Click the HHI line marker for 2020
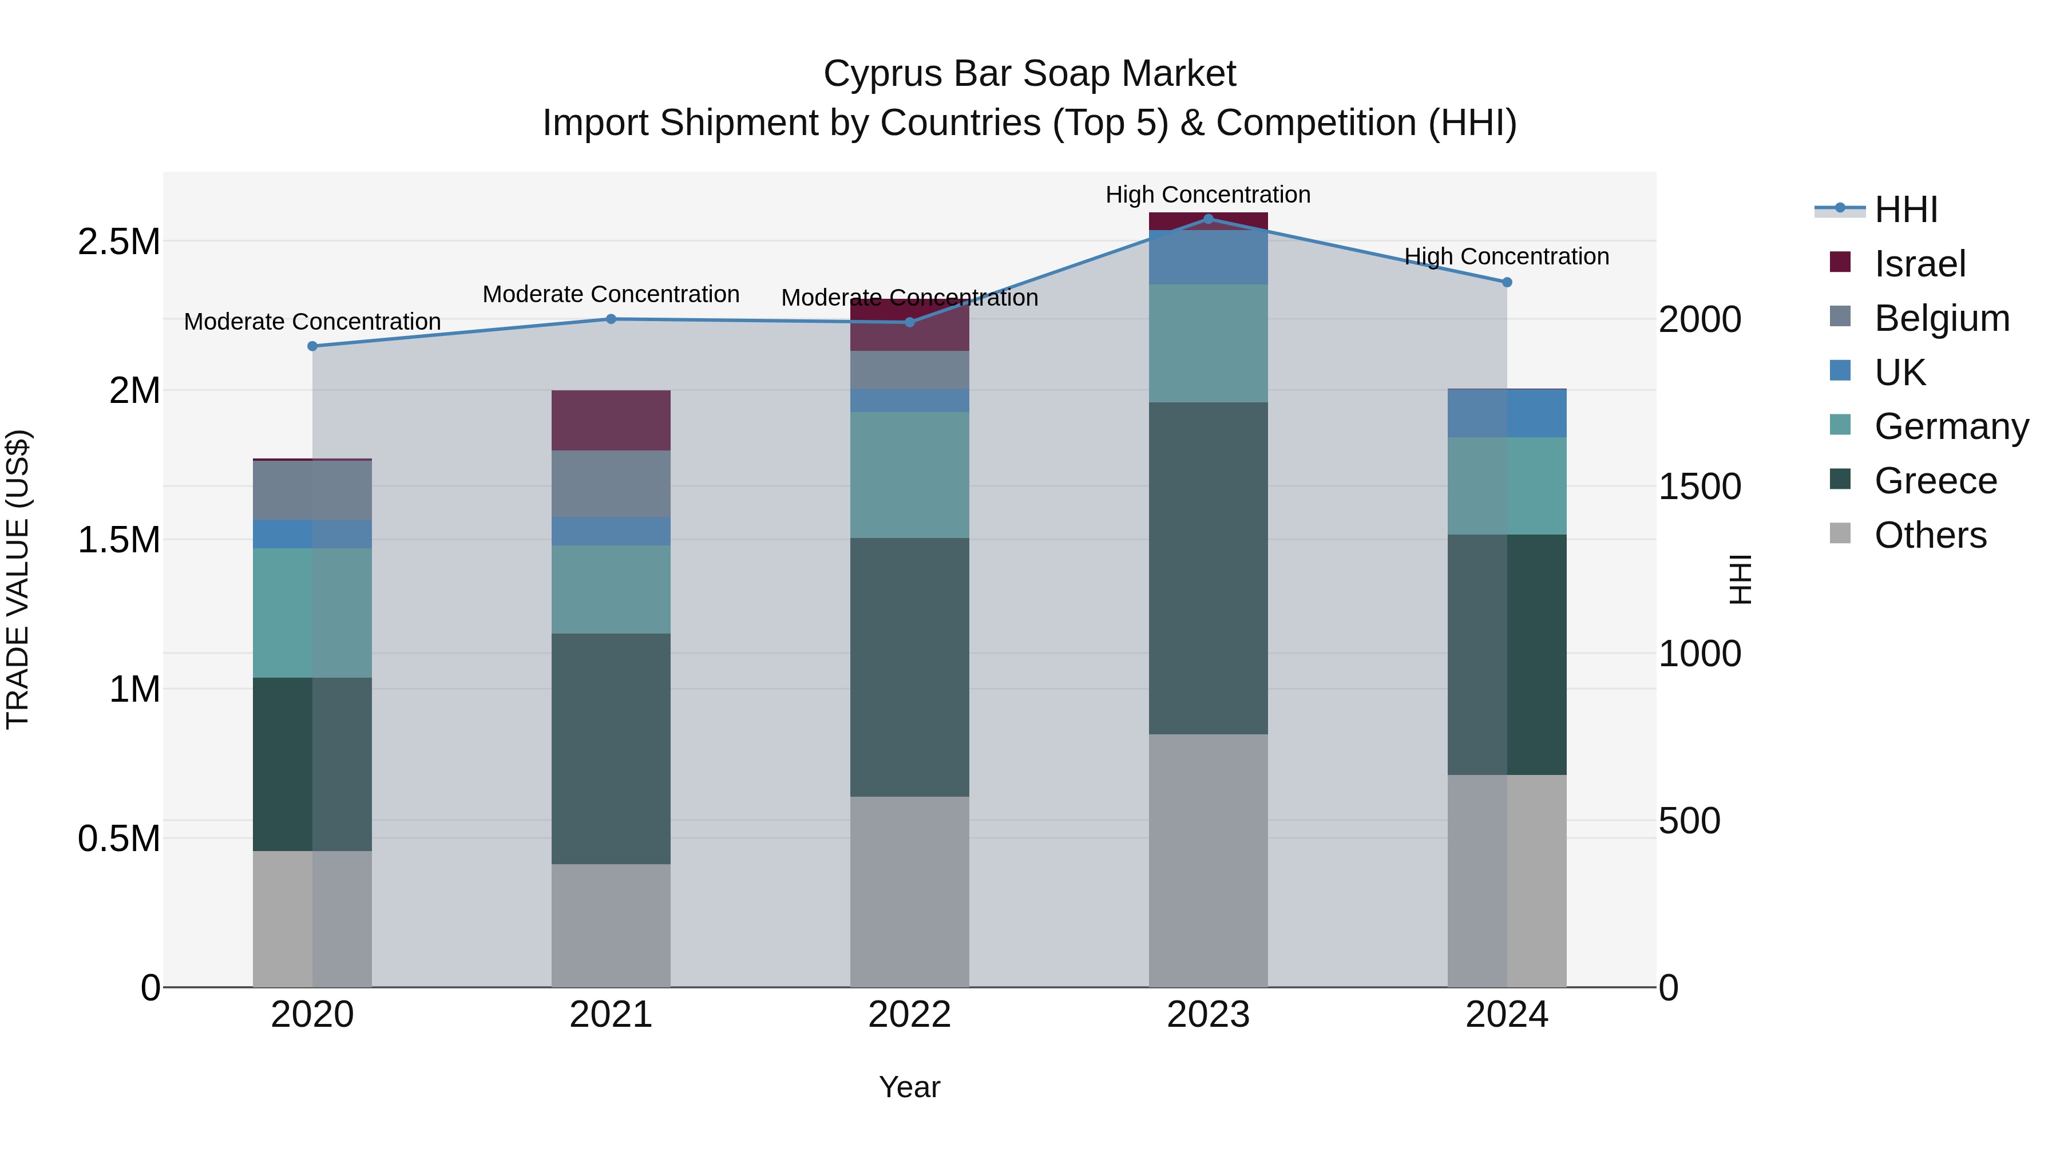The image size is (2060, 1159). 312,346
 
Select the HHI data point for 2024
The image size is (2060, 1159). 1507,282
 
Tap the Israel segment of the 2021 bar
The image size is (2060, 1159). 611,420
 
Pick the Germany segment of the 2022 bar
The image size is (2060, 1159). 909,475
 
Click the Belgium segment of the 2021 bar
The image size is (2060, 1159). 611,483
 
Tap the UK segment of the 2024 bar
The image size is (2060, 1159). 1507,414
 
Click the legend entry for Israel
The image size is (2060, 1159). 1919,264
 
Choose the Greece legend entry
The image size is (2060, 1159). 1935,481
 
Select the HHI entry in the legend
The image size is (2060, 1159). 1905,209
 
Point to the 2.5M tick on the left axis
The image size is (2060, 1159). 118,242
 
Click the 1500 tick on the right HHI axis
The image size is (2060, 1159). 1699,486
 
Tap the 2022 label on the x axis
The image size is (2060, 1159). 909,1015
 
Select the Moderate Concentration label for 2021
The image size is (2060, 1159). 611,294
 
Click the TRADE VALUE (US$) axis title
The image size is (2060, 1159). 18,579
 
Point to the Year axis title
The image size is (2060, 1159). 909,1087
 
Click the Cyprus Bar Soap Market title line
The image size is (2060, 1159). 1029,74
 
